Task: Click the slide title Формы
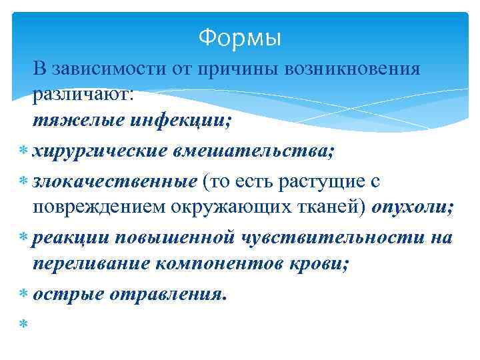tap(240, 39)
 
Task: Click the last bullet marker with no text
tap(23, 323)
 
